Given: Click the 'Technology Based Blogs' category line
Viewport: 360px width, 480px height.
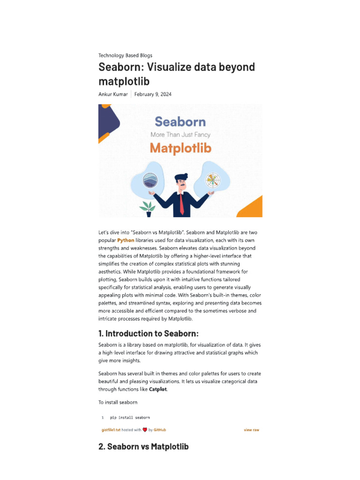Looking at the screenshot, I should click(125, 55).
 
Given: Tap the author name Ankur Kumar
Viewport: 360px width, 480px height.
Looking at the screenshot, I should click(112, 94).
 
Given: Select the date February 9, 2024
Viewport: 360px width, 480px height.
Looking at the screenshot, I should click(153, 94).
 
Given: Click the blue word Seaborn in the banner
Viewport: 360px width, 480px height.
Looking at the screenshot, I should click(180, 122).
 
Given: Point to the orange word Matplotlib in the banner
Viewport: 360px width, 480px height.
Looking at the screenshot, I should click(180, 148).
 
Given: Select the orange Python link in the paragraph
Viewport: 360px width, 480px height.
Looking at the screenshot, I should click(126, 240).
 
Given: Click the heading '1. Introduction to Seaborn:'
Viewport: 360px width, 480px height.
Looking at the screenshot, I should click(149, 334).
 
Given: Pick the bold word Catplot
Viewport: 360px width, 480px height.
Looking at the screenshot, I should click(158, 389).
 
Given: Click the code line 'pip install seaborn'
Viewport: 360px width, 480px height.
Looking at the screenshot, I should click(130, 417).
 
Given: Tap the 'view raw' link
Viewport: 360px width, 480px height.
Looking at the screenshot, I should click(251, 430).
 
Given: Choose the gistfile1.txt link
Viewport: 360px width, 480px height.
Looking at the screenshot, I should click(111, 430).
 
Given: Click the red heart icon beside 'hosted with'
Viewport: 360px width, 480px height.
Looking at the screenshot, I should click(145, 430).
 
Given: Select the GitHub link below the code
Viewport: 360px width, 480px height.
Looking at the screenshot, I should click(160, 430).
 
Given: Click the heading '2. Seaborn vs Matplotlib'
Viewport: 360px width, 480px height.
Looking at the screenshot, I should click(143, 447).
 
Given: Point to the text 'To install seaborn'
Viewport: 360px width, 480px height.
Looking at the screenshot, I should click(118, 402).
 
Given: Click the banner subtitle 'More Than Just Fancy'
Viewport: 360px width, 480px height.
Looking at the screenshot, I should click(180, 135).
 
